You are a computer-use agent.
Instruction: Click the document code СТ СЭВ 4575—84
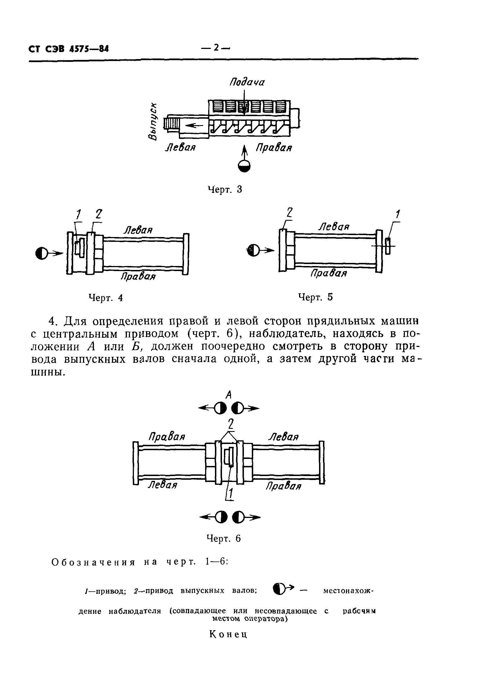pyautogui.click(x=69, y=48)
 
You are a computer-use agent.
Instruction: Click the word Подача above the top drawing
pyautogui.click(x=247, y=82)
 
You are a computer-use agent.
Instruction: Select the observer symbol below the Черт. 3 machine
pyautogui.click(x=244, y=166)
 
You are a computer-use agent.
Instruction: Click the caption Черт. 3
pyautogui.click(x=225, y=190)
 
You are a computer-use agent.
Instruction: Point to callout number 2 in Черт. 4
pyautogui.click(x=99, y=214)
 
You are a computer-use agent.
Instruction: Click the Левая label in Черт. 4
pyautogui.click(x=138, y=230)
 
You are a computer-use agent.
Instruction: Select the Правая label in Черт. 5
pyautogui.click(x=329, y=273)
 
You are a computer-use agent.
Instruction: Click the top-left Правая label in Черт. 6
pyautogui.click(x=167, y=437)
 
